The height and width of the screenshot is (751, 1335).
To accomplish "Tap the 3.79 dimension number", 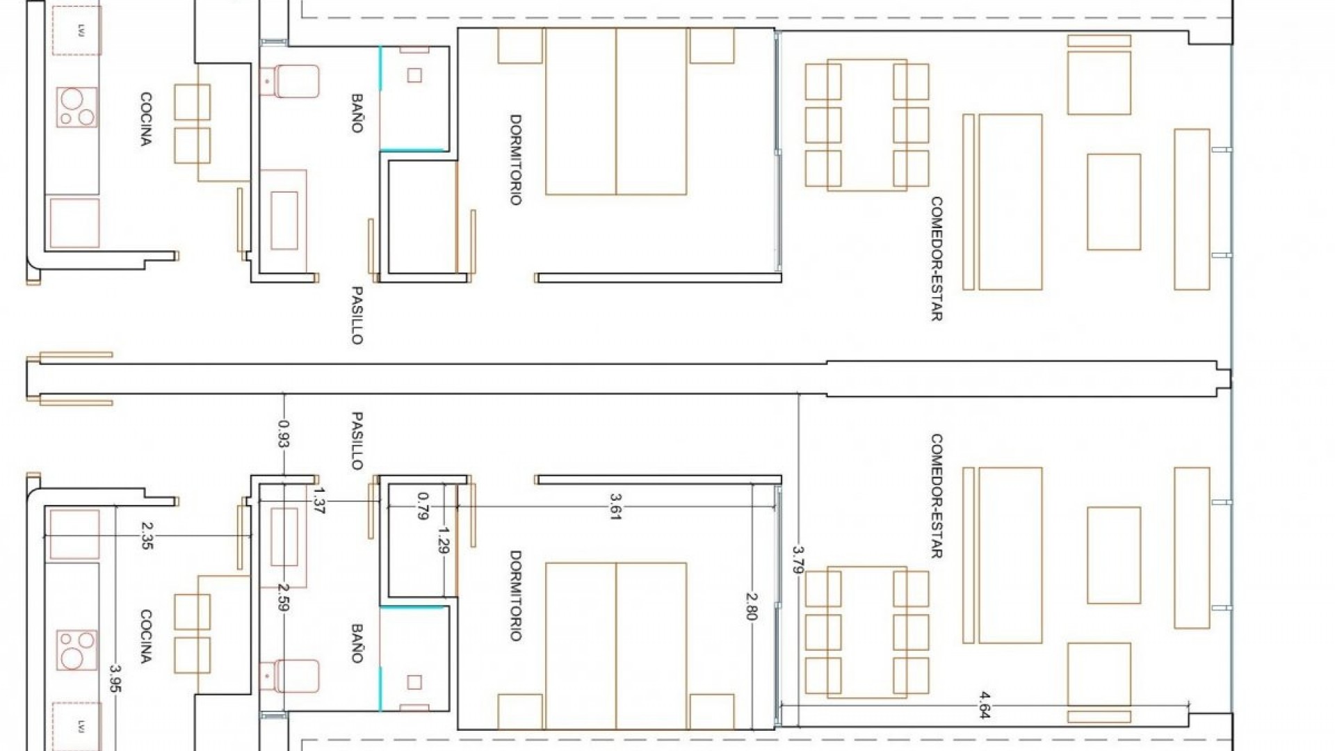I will tap(798, 559).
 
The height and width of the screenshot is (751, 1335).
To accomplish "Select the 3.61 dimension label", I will tap(614, 507).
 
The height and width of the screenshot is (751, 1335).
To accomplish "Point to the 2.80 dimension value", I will tap(751, 606).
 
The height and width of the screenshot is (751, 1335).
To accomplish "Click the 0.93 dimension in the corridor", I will tap(284, 433).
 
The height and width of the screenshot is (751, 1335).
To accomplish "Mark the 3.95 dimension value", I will tap(115, 679).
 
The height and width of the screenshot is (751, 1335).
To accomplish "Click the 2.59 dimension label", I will tap(284, 597).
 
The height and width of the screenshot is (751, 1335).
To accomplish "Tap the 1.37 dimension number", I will tap(319, 501).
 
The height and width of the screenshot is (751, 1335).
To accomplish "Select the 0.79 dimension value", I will tap(422, 506).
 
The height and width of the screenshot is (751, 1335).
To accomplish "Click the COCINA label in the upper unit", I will tap(145, 119).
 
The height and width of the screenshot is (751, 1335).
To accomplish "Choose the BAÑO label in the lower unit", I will tap(357, 643).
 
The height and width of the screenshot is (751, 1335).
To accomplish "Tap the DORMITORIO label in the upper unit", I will tap(515, 159).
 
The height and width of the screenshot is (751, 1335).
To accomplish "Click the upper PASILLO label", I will tap(357, 315).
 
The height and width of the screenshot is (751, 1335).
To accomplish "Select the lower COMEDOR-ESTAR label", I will tap(937, 496).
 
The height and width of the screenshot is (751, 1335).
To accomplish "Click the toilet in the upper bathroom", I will tap(292, 81).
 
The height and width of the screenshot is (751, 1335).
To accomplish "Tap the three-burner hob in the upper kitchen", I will tap(76, 106).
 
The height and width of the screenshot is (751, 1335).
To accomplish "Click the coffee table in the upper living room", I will tap(1113, 202).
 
